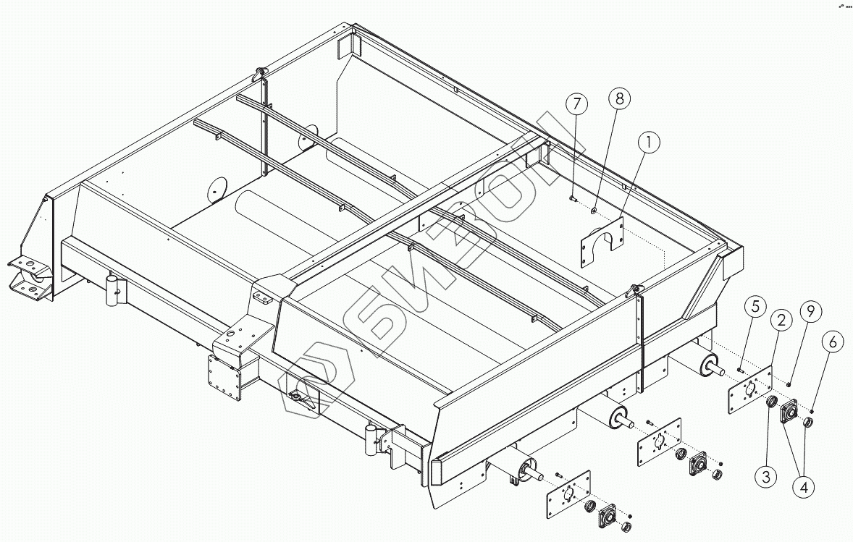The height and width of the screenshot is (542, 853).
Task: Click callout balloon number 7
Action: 576,104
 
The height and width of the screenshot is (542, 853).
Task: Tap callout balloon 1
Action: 649,144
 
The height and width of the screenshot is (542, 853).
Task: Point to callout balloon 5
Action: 755,307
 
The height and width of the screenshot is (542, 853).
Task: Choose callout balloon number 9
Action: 810,312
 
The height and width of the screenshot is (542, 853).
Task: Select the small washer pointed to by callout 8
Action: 594,211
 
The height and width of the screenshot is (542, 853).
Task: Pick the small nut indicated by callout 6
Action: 812,412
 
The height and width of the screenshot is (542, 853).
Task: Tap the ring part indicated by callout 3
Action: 772,402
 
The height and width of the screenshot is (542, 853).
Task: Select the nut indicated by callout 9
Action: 789,383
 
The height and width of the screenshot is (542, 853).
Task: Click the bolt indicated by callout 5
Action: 740,370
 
